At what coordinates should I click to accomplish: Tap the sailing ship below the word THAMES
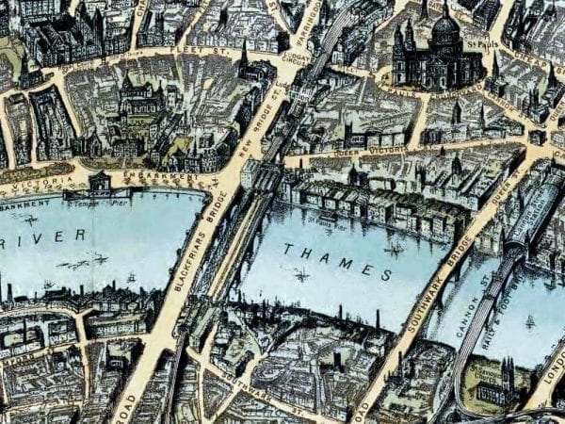click(302, 275)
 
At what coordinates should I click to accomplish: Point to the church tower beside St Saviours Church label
click(509, 372)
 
